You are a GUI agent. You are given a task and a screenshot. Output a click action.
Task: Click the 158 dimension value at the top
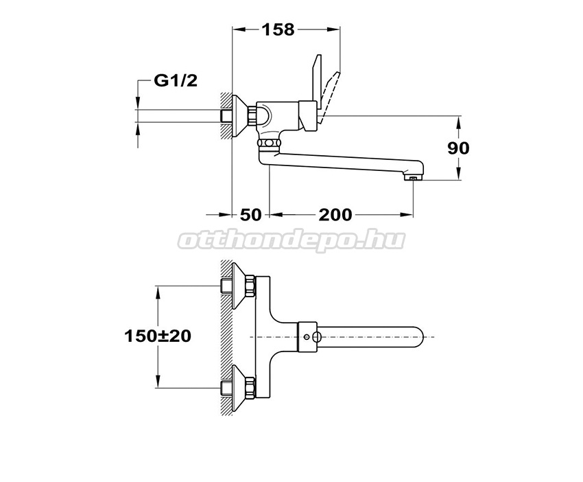[x=278, y=30]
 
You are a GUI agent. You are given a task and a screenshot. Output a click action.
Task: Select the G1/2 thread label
[x=176, y=80]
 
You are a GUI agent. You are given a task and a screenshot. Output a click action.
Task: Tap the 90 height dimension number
[x=458, y=148]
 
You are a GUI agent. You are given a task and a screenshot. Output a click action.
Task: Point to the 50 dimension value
[x=251, y=215]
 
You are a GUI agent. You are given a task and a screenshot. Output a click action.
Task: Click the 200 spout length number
[x=335, y=215]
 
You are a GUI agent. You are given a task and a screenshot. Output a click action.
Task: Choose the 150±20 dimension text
[x=158, y=336]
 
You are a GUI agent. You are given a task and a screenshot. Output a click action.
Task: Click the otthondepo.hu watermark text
[x=291, y=240]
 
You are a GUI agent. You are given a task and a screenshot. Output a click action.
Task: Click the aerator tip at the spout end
[x=413, y=179]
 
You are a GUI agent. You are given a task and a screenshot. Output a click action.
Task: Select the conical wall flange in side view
[x=240, y=116]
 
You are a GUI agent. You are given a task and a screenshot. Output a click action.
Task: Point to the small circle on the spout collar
[x=306, y=337]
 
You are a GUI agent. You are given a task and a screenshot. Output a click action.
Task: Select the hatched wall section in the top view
[x=226, y=337]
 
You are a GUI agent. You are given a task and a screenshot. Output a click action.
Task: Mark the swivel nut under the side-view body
[x=269, y=144]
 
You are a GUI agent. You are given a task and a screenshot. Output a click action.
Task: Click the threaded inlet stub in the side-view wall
[x=226, y=116]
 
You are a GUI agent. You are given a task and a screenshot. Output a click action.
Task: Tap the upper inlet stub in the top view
[x=226, y=286]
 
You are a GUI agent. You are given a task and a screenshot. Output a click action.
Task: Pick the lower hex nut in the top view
[x=250, y=388]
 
